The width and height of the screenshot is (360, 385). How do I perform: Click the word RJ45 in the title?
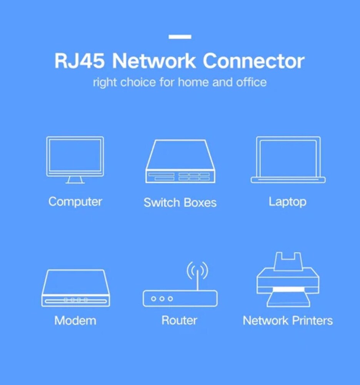pyautogui.click(x=80, y=61)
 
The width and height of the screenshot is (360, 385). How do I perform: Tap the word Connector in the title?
pyautogui.click(x=253, y=61)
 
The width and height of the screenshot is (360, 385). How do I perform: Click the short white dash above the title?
pyautogui.click(x=180, y=37)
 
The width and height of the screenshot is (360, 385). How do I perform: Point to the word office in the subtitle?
pyautogui.click(x=252, y=82)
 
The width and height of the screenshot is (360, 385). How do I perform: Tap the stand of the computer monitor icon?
pyautogui.click(x=75, y=180)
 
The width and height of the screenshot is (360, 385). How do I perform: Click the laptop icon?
pyautogui.click(x=288, y=159)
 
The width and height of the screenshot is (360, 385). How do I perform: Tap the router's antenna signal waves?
pyautogui.click(x=197, y=270)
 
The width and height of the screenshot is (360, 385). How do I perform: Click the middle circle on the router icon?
pyautogui.click(x=162, y=298)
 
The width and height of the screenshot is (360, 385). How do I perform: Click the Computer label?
pyautogui.click(x=75, y=201)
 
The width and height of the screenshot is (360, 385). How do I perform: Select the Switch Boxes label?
pyautogui.click(x=180, y=203)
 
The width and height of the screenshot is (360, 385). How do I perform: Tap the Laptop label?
pyautogui.click(x=287, y=202)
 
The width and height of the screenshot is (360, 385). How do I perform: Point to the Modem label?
pyautogui.click(x=75, y=320)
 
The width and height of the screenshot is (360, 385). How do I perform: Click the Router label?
pyautogui.click(x=179, y=320)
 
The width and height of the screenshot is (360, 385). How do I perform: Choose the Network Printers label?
pyautogui.click(x=288, y=320)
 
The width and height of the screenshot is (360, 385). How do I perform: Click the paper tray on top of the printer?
pyautogui.click(x=288, y=261)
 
